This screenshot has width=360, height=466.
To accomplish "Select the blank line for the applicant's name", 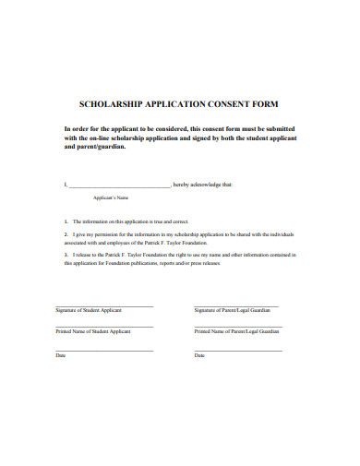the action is (120, 185).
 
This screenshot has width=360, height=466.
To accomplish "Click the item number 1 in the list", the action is (66, 222).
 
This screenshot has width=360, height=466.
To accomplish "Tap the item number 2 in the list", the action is (66, 234).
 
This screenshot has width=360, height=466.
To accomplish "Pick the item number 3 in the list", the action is (66, 253).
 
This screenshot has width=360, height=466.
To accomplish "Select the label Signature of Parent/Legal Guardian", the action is (234, 310).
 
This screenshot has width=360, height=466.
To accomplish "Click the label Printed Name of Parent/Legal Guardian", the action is (236, 330).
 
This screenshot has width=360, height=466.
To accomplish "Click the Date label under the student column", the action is (61, 355).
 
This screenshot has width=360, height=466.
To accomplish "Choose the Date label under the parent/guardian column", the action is (199, 355).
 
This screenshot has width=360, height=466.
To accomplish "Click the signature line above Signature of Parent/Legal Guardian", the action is (236, 305).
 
